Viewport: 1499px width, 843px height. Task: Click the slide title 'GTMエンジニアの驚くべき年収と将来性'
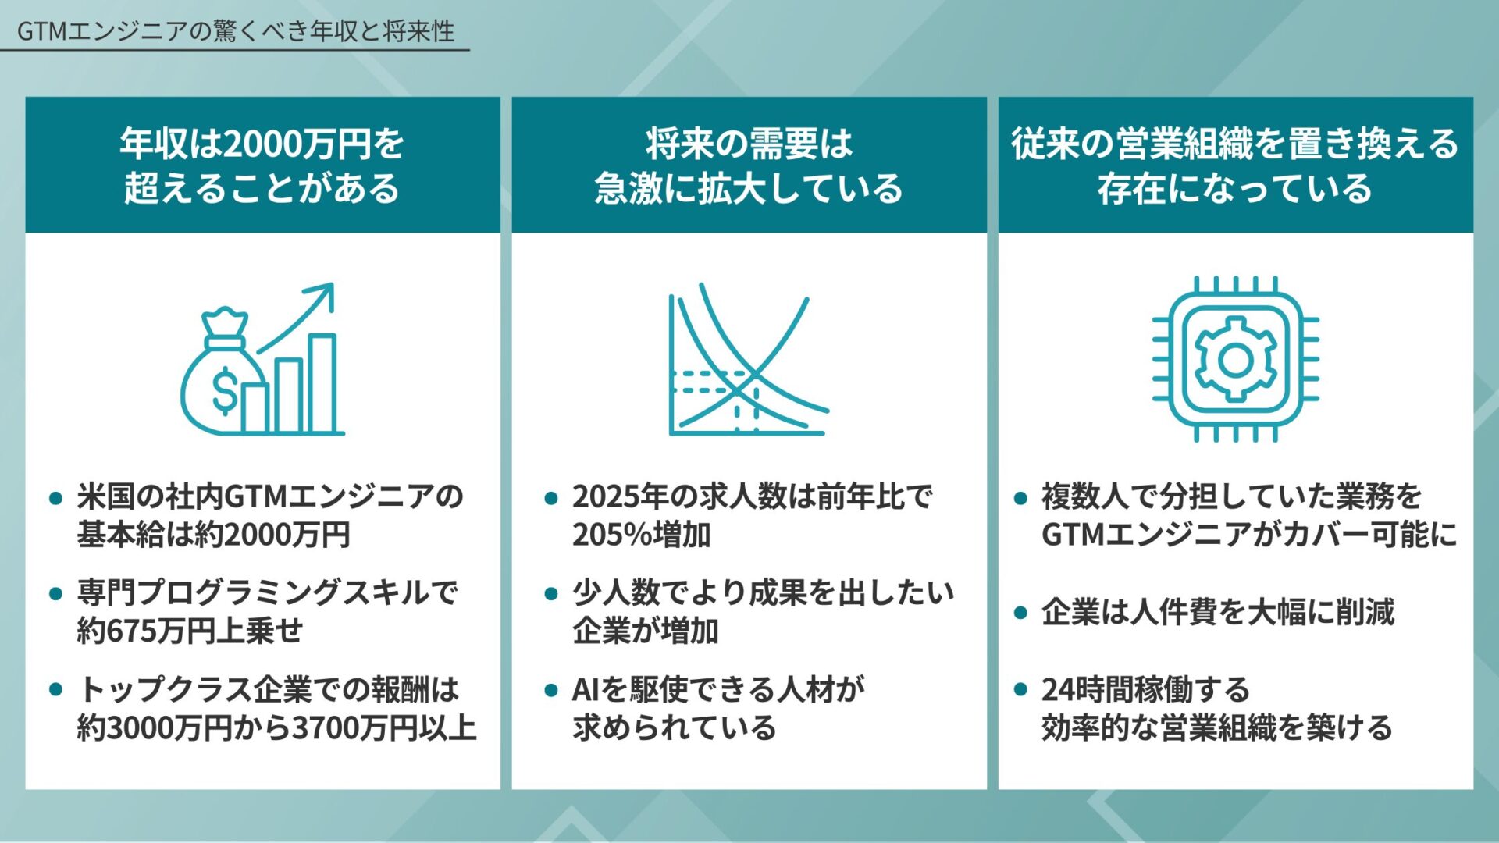pos(235,31)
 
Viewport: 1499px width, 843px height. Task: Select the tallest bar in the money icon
pos(322,382)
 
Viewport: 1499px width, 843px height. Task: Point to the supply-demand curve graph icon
pos(747,361)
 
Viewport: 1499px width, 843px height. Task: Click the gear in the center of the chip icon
pos(1235,360)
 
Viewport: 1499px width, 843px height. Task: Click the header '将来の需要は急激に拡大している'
pos(749,165)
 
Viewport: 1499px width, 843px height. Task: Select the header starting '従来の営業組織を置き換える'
pos(1235,165)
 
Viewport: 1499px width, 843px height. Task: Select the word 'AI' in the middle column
pos(586,690)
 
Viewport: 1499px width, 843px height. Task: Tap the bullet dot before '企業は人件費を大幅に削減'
pos(1020,613)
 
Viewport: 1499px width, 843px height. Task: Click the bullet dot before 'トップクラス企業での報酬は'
pos(55,689)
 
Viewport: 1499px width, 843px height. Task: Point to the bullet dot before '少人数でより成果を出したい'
pos(551,594)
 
